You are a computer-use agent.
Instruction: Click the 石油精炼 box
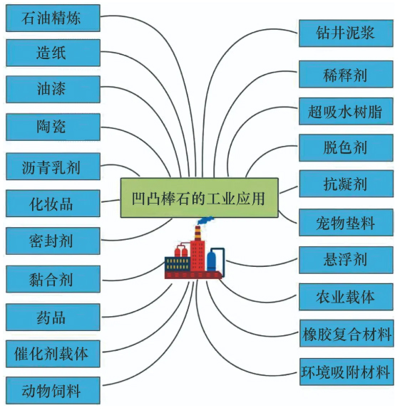click(x=53, y=18)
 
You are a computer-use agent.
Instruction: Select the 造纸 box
click(x=53, y=53)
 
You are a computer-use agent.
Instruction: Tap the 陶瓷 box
click(x=53, y=127)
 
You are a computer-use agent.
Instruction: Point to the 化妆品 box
click(x=53, y=204)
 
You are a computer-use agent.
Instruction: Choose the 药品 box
click(x=53, y=317)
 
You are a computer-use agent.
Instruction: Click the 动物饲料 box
click(x=53, y=390)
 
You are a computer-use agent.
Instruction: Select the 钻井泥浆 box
click(x=346, y=33)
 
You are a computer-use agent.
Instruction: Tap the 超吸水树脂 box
click(x=346, y=111)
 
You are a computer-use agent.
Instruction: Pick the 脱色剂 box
click(x=346, y=148)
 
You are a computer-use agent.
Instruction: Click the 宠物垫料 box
click(x=346, y=223)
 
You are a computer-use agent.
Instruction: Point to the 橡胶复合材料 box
click(x=347, y=333)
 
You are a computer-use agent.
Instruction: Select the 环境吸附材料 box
click(x=347, y=372)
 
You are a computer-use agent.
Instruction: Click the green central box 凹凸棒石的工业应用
click(x=200, y=198)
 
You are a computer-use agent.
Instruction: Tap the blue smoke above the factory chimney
click(x=205, y=220)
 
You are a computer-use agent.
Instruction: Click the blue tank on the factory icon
click(x=211, y=261)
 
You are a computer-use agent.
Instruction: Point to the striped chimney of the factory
click(x=198, y=233)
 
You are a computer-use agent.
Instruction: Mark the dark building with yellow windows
click(x=178, y=264)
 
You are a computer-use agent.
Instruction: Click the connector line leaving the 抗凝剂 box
click(x=289, y=190)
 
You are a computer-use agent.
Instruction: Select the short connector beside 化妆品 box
click(x=111, y=201)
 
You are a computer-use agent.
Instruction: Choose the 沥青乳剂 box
click(x=53, y=167)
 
